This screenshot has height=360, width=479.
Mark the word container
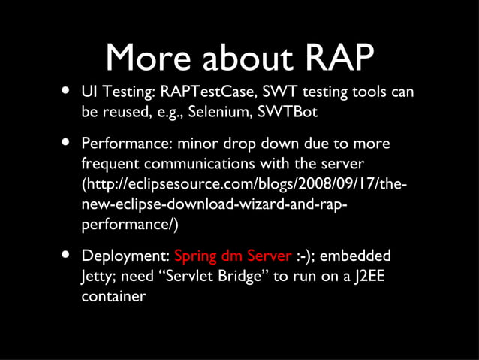click(x=113, y=296)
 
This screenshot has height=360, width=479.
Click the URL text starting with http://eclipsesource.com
click(x=248, y=184)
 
